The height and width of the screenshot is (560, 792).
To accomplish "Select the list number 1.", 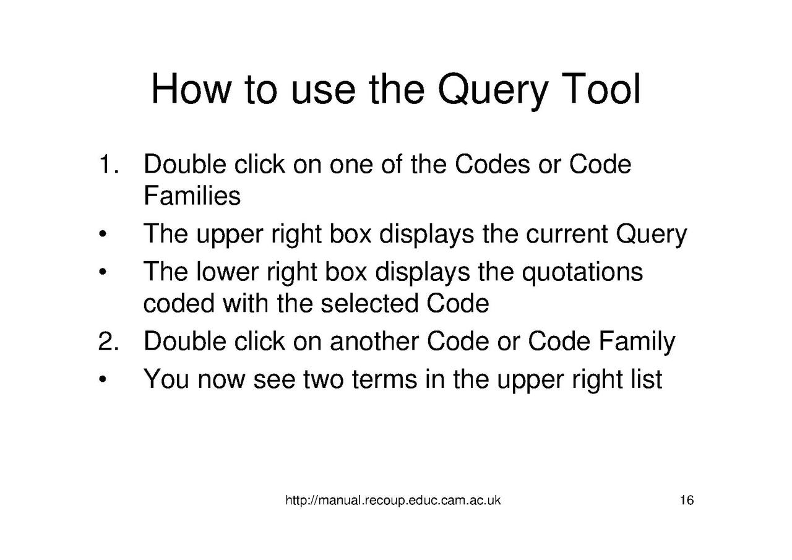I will pyautogui.click(x=107, y=165).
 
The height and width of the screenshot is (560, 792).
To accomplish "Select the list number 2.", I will pyautogui.click(x=107, y=342).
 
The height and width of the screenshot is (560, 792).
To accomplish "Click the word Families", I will pyautogui.click(x=192, y=196).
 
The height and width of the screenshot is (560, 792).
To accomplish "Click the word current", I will pyautogui.click(x=567, y=235).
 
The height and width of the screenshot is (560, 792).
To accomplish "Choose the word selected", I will pyautogui.click(x=369, y=304).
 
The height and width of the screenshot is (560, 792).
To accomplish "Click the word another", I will pyautogui.click(x=373, y=342).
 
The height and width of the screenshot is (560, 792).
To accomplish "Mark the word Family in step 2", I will pyautogui.click(x=637, y=342).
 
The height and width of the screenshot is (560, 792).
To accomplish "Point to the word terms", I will pyautogui.click(x=384, y=379).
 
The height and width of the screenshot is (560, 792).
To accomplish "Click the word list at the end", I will pyautogui.click(x=647, y=379).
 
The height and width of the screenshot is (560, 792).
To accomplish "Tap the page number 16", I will pyautogui.click(x=686, y=501).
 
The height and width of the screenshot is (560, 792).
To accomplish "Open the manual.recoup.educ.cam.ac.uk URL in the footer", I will pyautogui.click(x=393, y=501).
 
